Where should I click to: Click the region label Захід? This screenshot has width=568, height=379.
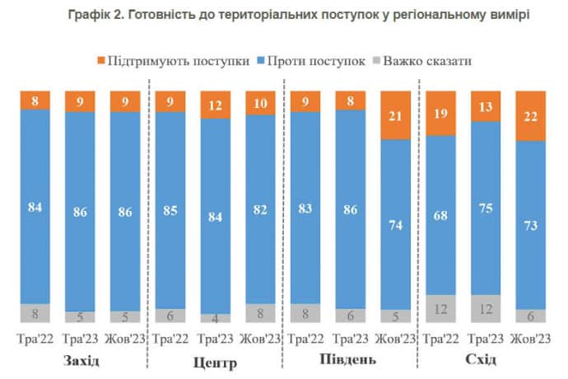pyautogui.click(x=81, y=361)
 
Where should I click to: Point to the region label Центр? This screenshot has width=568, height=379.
pyautogui.click(x=215, y=362)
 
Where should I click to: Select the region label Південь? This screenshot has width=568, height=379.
pyautogui.click(x=349, y=361)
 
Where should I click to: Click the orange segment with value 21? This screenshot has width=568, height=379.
pyautogui.click(x=393, y=115)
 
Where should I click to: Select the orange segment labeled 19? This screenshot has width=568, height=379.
pyautogui.click(x=440, y=112)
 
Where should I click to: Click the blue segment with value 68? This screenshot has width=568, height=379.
pyautogui.click(x=440, y=214)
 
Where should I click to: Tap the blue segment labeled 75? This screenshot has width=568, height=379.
pyautogui.click(x=485, y=208)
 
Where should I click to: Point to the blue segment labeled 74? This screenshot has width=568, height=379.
pyautogui.click(x=393, y=223)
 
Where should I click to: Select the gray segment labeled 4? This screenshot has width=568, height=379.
pyautogui.click(x=215, y=318)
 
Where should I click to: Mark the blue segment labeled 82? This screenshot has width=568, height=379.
pyautogui.click(x=260, y=208)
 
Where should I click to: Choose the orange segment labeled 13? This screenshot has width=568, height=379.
pyautogui.click(x=485, y=105)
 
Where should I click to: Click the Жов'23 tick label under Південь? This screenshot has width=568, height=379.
pyautogui.click(x=393, y=338)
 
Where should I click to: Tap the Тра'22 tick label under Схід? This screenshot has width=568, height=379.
pyautogui.click(x=440, y=338)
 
